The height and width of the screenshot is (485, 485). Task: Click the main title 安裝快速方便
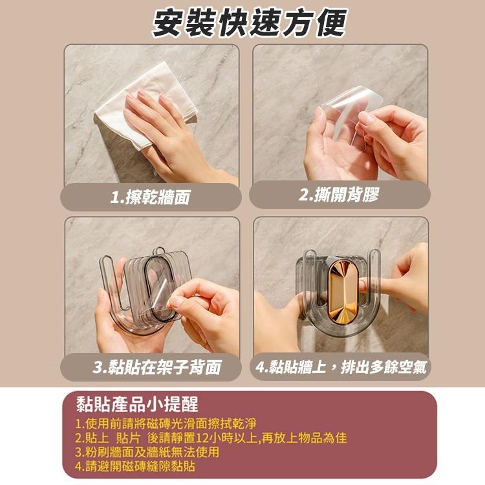click(x=249, y=23)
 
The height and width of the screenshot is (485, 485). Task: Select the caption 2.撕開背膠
click(x=339, y=195)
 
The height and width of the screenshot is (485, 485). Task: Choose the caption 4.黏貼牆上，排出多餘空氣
click(x=341, y=367)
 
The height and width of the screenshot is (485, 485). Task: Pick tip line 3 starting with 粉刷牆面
click(x=147, y=452)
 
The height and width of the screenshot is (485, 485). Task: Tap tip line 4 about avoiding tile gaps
click(x=135, y=466)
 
